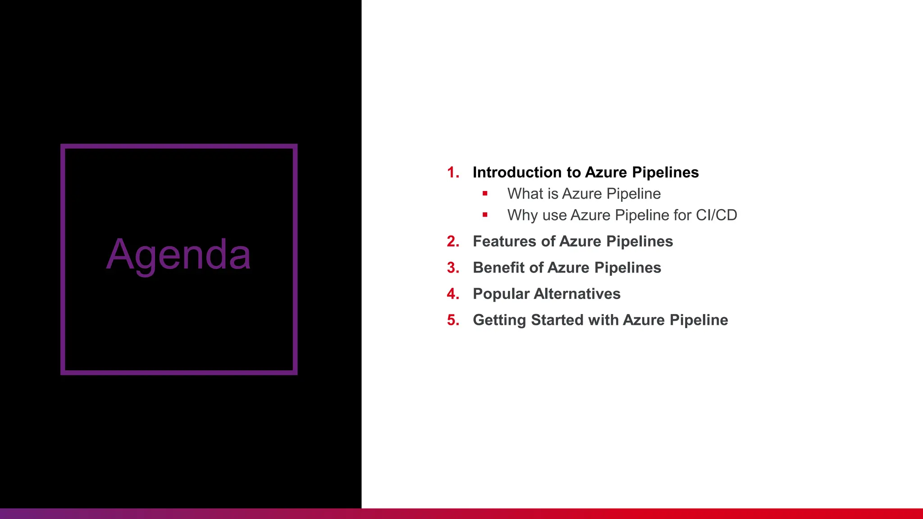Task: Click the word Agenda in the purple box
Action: (178, 255)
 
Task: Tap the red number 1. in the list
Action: (453, 173)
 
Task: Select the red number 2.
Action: (453, 241)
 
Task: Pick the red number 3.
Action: (453, 268)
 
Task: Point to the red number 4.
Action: (453, 294)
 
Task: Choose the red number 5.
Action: (453, 320)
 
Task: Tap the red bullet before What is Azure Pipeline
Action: (485, 194)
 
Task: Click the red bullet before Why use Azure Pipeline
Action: (485, 215)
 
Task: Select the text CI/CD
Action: (716, 215)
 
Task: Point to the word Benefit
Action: (498, 268)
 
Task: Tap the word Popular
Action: (501, 294)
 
